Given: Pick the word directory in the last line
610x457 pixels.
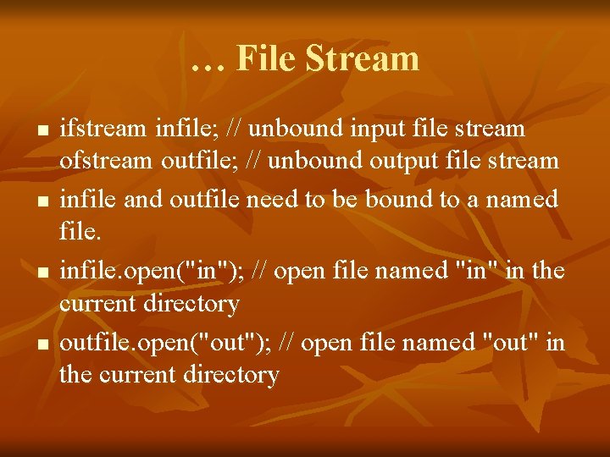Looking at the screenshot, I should pos(226,374).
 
